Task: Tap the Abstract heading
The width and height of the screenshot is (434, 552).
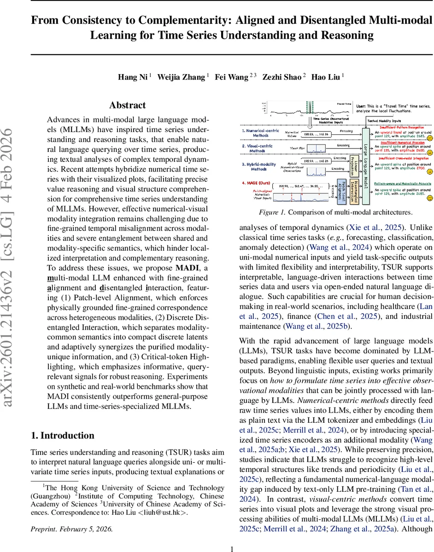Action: pyautogui.click(x=127, y=105)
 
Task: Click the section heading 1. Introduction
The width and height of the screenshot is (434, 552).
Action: pyautogui.click(x=62, y=435)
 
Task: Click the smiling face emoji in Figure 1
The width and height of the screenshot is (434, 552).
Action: pyautogui.click(x=429, y=198)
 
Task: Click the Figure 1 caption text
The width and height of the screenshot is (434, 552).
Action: pyautogui.click(x=336, y=212)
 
